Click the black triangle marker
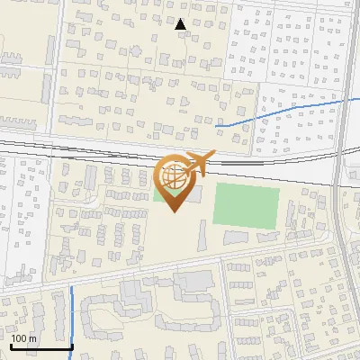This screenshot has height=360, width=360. coord(181,24)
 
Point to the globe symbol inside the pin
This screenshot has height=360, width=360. coord(175,177)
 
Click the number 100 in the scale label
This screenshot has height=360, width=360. coord(21,338)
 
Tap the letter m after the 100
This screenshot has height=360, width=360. coord(32,338)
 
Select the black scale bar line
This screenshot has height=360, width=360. coord(40,346)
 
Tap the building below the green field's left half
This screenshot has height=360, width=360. coord(236,237)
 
